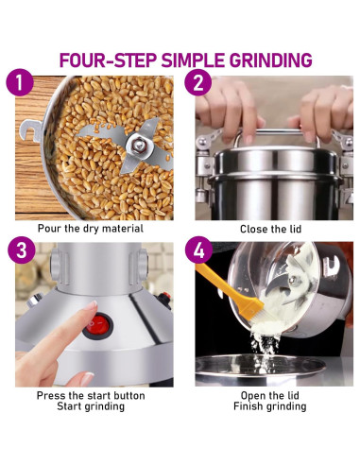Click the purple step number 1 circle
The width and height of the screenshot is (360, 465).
(20, 82)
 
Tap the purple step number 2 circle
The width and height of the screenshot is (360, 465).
(198, 82)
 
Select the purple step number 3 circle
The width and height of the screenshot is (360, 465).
(22, 250)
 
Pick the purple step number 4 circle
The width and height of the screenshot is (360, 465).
(198, 250)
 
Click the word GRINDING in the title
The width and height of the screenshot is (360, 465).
(270, 60)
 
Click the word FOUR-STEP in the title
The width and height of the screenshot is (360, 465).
(108, 60)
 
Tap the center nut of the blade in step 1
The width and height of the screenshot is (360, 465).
(139, 146)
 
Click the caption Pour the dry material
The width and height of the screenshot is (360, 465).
(91, 229)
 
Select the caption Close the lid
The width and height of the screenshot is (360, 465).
(270, 229)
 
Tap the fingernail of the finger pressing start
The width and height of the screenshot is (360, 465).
(91, 305)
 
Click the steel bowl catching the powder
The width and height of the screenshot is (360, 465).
(260, 369)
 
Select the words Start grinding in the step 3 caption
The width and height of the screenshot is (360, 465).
(91, 406)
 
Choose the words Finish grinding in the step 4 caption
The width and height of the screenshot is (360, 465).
(270, 406)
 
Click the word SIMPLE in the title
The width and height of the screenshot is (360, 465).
(193, 60)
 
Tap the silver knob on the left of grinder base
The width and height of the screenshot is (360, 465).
(34, 300)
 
